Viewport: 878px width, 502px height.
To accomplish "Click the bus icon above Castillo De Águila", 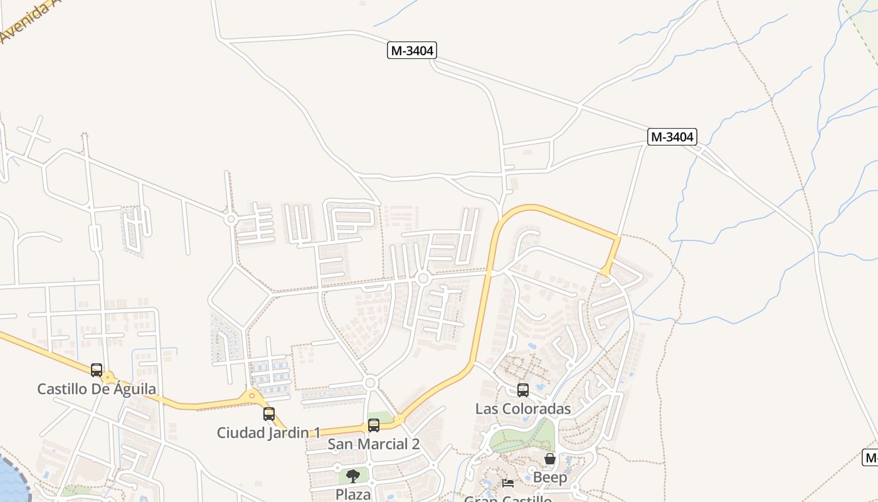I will coord(97,370).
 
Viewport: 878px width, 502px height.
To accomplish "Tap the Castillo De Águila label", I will coord(97,389).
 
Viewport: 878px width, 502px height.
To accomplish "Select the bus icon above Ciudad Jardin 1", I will coord(269,414).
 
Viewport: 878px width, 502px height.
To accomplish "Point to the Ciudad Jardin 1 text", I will coord(268,432).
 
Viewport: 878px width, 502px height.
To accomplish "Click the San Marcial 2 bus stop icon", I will coord(374,425).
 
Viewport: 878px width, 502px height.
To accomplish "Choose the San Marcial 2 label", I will coord(374,444).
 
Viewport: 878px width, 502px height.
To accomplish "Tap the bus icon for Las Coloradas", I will coord(523,390).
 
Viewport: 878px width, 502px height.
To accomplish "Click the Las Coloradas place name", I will coord(523,409).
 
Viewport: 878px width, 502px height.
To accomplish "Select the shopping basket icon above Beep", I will coord(550,459).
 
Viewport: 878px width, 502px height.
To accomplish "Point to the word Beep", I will coord(550,478).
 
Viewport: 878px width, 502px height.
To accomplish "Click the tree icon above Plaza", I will coord(353,476).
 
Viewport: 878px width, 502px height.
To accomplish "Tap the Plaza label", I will coord(353,494).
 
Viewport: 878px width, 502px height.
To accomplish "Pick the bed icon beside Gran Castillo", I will coord(508,483).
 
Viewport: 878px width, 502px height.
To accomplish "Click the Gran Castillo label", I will coord(508,499).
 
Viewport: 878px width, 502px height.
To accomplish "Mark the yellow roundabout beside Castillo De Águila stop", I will coord(109,378).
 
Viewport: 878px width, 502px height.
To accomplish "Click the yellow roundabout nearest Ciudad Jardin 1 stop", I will coord(252,395).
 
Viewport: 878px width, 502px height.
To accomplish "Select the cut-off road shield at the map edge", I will coord(870,457).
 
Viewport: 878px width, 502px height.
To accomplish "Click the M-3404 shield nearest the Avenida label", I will coord(411,51).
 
